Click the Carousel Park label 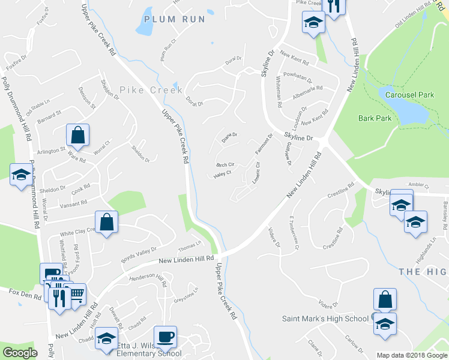409,95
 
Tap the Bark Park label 375,118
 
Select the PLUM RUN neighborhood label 175,19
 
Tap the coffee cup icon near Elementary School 165,337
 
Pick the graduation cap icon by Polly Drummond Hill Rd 22,174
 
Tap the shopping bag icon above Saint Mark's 385,299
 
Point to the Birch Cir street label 224,164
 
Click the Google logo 20,352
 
